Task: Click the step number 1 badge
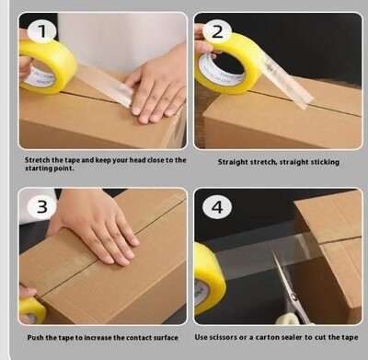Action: click(x=41, y=31)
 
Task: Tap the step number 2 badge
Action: click(x=217, y=31)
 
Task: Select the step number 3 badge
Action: click(x=41, y=206)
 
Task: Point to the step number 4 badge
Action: click(x=217, y=207)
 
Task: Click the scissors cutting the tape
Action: click(x=288, y=295)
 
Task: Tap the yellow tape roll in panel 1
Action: click(x=46, y=66)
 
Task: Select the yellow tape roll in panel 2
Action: click(x=228, y=63)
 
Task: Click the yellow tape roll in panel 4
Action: click(x=209, y=278)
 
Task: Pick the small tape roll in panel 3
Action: click(x=31, y=310)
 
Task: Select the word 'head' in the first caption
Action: click(x=137, y=160)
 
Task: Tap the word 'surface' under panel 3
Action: click(x=166, y=338)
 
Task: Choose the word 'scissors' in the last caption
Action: click(x=224, y=337)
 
